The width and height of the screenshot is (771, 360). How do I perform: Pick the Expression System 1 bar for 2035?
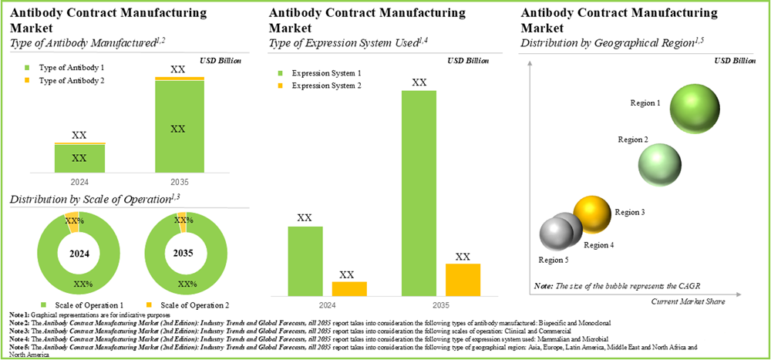click(x=419, y=193)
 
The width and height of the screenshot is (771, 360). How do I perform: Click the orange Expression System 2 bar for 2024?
click(x=349, y=288)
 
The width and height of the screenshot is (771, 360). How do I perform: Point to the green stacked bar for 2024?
click(x=79, y=158)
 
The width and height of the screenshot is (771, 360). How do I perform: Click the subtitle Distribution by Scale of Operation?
click(x=89, y=200)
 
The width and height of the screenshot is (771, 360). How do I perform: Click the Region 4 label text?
click(x=599, y=245)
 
